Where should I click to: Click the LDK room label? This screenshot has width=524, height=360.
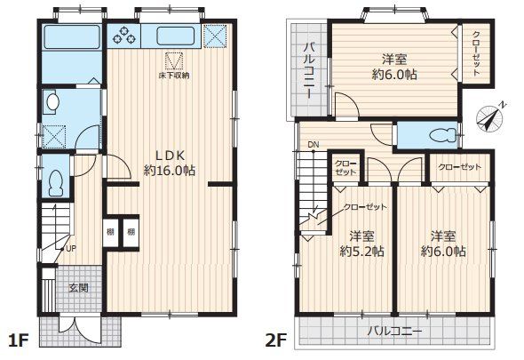pyautogui.click(x=170, y=156)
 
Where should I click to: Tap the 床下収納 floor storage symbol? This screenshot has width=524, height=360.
pyautogui.click(x=174, y=61)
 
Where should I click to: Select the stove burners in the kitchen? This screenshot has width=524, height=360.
pyautogui.click(x=125, y=36)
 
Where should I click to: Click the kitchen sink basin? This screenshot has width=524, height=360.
pyautogui.click(x=173, y=36)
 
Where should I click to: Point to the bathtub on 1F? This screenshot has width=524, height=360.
pyautogui.click(x=71, y=36)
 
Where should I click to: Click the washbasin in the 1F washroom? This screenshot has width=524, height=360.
pyautogui.click(x=52, y=100)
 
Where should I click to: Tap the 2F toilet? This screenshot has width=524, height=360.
pyautogui.click(x=443, y=135)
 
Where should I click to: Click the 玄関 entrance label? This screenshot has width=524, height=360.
pyautogui.click(x=79, y=288)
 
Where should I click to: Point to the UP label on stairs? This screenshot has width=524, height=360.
pyautogui.click(x=71, y=248)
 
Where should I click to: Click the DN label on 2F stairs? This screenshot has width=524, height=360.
pyautogui.click(x=314, y=145)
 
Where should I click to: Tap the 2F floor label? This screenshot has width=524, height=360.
pyautogui.click(x=276, y=341)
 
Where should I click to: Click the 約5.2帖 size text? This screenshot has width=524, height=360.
pyautogui.click(x=361, y=251)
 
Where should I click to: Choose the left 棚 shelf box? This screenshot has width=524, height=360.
pyautogui.click(x=111, y=232)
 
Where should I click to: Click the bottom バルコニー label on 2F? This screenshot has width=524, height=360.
pyautogui.click(x=394, y=332)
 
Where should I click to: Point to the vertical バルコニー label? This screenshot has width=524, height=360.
pyautogui.click(x=309, y=71)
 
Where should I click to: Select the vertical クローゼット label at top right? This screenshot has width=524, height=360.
pyautogui.click(x=476, y=53)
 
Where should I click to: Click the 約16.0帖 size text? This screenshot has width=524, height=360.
pyautogui.click(x=170, y=171)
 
